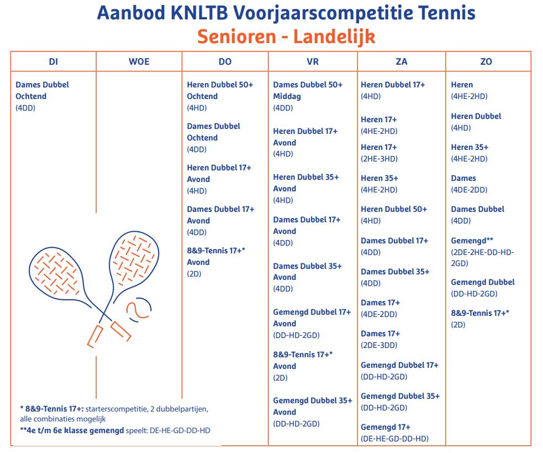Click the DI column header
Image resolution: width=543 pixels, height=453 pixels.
point(53,61)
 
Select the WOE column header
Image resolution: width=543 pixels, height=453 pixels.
point(139,61)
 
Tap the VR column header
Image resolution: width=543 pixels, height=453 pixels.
point(313,61)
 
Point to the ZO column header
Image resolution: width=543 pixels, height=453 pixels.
point(486,61)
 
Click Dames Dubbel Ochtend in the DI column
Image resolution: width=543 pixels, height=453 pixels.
point(42,90)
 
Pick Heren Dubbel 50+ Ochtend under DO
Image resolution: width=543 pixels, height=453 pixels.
point(220,90)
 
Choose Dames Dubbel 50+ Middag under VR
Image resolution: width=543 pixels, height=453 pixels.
point(308,90)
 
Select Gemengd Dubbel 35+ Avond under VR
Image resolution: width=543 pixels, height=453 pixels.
point(312,406)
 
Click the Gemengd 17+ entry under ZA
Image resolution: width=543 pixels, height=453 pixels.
point(386,427)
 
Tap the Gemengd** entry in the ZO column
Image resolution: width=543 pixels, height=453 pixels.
point(472,240)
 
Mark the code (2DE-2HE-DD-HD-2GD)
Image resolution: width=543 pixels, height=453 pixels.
point(482,257)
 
